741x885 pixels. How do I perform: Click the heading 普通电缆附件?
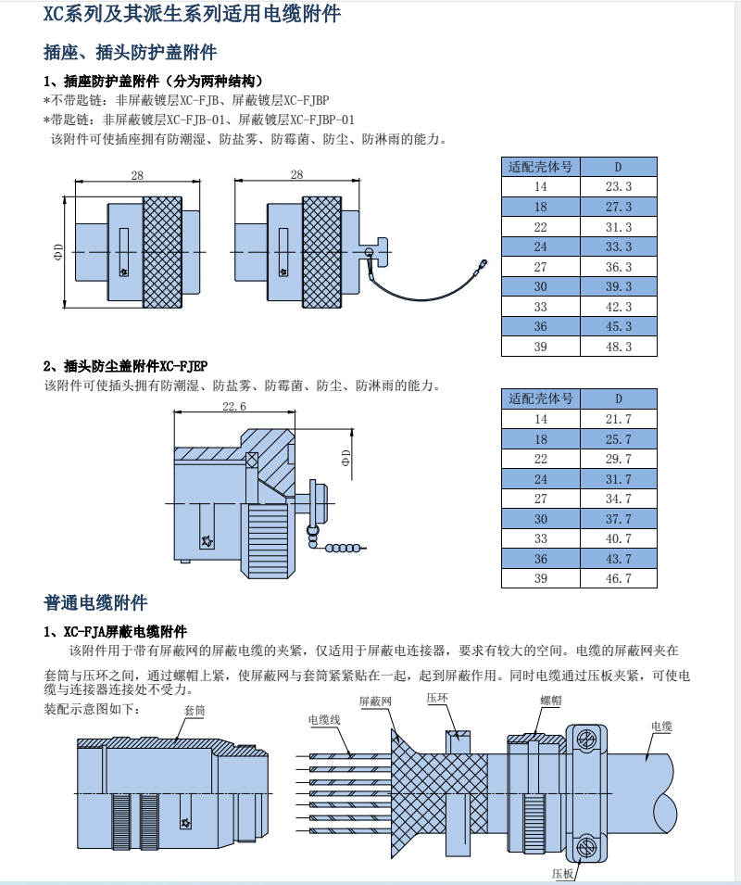95,603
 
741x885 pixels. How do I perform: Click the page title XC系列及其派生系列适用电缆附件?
192,15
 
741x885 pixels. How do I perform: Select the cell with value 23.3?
618,186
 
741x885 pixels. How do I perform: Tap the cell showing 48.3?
618,347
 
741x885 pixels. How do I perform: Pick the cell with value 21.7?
618,419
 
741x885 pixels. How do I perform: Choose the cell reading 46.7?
618,578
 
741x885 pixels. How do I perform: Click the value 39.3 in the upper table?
618,286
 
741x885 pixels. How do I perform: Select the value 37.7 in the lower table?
618,519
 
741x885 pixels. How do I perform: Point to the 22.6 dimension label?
234,406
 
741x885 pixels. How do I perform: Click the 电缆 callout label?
661,726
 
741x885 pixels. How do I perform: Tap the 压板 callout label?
563,873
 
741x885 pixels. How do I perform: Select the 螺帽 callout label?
550,701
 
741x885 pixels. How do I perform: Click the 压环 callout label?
437,698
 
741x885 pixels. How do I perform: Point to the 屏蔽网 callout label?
375,702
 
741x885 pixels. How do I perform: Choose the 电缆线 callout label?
324,719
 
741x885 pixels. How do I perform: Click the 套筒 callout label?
195,710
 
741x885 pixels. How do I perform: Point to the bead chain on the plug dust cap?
344,549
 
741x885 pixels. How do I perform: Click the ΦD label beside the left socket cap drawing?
58,252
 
